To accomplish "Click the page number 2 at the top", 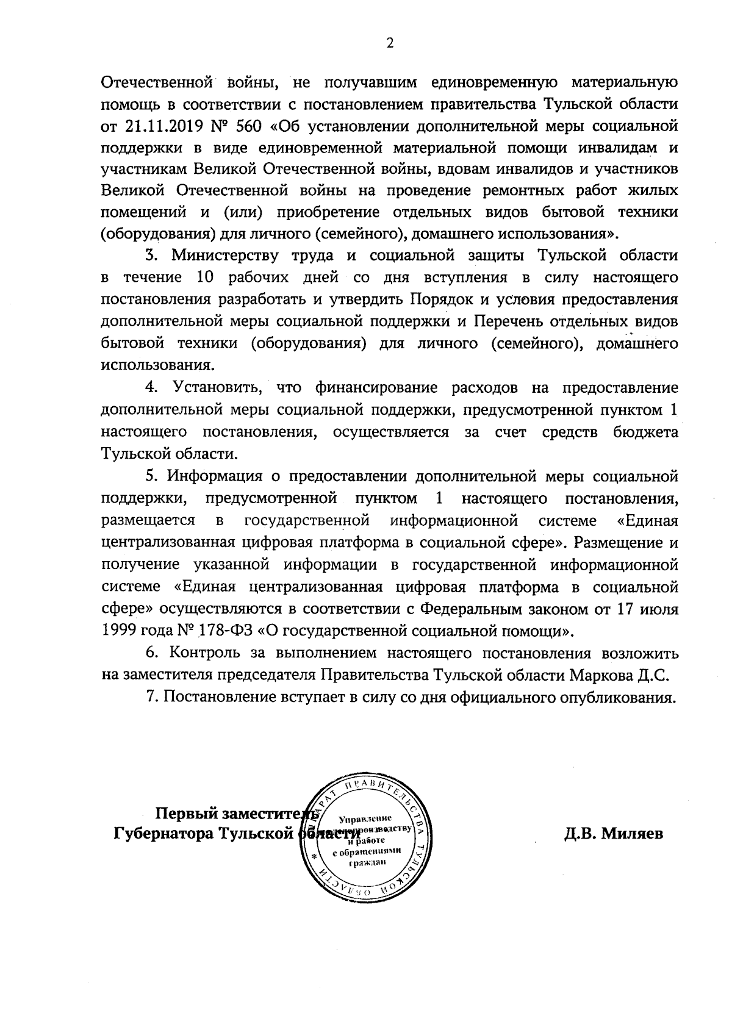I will tap(390, 43).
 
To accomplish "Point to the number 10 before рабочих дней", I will tap(205, 278).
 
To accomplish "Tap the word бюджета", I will tap(645, 432).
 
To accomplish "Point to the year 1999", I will tap(118, 631).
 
